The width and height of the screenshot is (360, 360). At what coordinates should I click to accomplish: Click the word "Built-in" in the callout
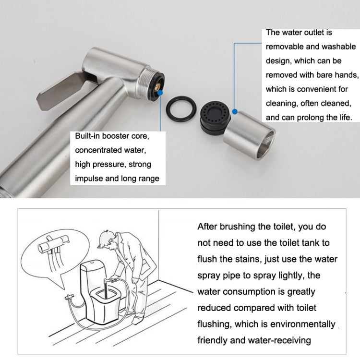88,136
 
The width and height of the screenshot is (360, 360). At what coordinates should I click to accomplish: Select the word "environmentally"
304,324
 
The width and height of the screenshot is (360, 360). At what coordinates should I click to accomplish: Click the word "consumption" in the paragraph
250,291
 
